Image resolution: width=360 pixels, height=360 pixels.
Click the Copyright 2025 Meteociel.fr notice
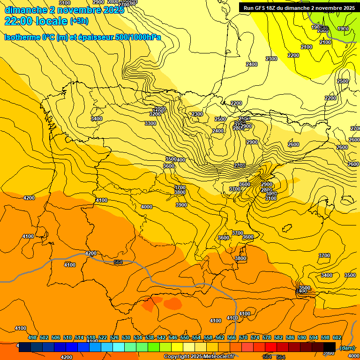pyautogui.click(x=199, y=357)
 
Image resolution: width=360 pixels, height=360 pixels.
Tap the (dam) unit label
pyautogui.click(x=347, y=348)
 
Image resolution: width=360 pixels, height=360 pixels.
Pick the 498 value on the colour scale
pyautogui.click(x=32, y=337)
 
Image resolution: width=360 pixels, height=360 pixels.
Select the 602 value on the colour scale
pyautogui.click(x=337, y=337)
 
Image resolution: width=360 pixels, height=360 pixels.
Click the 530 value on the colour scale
pyautogui.click(x=126, y=337)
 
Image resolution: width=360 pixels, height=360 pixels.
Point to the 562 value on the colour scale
pyautogui.click(x=219, y=337)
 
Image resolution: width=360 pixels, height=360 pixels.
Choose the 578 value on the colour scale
pyautogui.click(x=266, y=337)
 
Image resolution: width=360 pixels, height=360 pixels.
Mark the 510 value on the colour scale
pyautogui.click(x=67, y=337)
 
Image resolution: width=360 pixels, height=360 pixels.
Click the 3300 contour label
pyautogui.click(x=150, y=123)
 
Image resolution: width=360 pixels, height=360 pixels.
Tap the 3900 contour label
pyautogui.click(x=181, y=205)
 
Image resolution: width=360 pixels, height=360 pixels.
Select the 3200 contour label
pyautogui.click(x=155, y=114)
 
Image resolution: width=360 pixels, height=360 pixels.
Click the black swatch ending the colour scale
pyautogui.click(x=330, y=347)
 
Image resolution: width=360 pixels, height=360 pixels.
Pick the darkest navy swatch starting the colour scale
pyautogui.click(x=25, y=347)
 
